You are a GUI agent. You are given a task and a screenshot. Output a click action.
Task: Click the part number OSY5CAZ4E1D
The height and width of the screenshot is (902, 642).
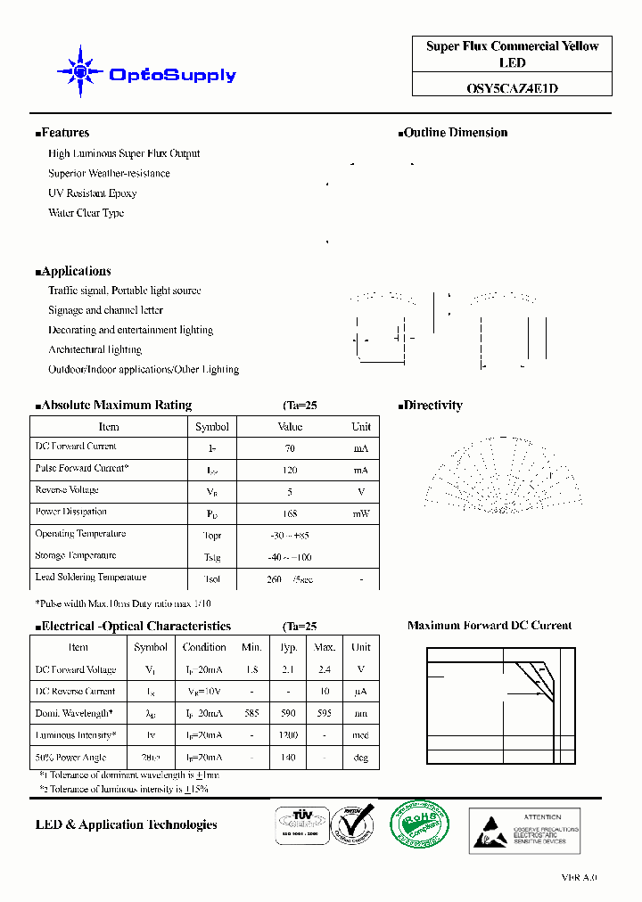click(512, 88)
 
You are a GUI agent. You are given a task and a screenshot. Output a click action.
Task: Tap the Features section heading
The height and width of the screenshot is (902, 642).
click(64, 133)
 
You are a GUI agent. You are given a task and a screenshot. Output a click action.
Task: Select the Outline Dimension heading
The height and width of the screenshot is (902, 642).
click(455, 133)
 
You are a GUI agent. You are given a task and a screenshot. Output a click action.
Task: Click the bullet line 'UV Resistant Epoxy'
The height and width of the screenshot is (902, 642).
click(93, 193)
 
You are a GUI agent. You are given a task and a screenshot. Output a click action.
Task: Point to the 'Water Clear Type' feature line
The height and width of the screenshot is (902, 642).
click(86, 213)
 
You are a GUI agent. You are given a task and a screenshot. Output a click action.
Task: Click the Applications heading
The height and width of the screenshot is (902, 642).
click(75, 271)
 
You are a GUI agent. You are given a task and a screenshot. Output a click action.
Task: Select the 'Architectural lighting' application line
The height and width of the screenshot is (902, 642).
click(95, 349)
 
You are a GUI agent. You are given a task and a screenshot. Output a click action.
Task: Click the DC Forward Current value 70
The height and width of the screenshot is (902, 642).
click(291, 448)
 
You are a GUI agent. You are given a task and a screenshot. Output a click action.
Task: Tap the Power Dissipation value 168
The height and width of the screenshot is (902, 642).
click(291, 514)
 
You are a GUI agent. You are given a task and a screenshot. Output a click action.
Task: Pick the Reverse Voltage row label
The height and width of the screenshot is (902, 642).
click(67, 490)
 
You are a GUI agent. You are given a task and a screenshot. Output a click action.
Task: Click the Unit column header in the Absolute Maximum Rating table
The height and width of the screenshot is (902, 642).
click(360, 427)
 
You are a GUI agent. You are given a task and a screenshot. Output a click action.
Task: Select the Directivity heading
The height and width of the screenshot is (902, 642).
click(432, 406)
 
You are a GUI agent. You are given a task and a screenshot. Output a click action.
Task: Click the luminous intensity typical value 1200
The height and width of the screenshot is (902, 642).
click(288, 735)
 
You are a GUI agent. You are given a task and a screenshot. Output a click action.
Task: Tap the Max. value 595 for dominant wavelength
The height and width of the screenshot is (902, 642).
click(325, 713)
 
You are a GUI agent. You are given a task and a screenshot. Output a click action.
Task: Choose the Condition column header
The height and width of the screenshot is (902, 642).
click(204, 647)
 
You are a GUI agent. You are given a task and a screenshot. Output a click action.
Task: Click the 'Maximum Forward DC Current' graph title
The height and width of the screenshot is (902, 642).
click(490, 626)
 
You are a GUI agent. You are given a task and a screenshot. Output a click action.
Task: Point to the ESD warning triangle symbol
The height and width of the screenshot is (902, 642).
click(493, 831)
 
